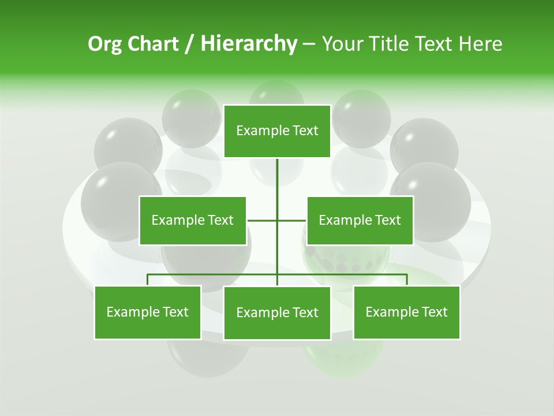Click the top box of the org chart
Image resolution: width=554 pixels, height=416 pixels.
277,131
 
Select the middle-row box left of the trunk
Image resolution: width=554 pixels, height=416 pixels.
192,220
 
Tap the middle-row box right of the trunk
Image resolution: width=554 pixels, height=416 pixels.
360,220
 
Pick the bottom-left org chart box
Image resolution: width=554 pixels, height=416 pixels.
147,312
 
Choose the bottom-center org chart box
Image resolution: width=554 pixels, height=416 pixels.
277,313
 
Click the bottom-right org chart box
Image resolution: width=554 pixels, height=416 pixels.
406,312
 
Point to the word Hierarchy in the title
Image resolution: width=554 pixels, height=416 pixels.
248,44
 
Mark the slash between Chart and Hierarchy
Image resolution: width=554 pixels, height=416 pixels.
189,44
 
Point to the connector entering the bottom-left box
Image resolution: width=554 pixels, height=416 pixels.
147,280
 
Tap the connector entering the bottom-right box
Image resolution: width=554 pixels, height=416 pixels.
407,280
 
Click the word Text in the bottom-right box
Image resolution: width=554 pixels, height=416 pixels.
435,312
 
